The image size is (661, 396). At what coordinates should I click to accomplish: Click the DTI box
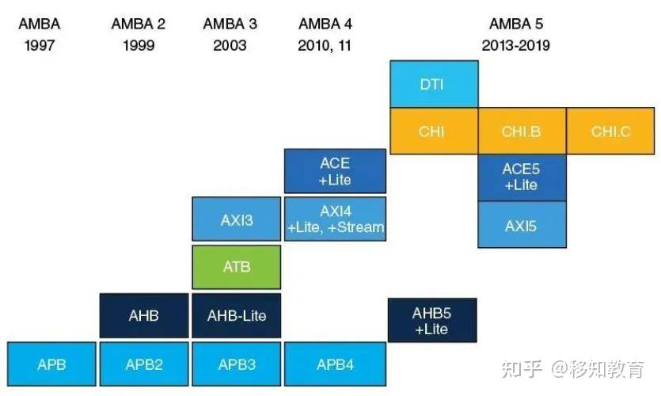pyautogui.click(x=432, y=84)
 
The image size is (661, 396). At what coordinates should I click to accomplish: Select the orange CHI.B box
pyautogui.click(x=522, y=131)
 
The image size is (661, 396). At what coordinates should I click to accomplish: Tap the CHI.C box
pyautogui.click(x=611, y=131)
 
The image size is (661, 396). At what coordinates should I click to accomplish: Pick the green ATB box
pyautogui.click(x=237, y=267)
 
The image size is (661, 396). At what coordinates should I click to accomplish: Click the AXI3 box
pyautogui.click(x=237, y=220)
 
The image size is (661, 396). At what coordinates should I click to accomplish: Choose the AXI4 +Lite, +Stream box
pyautogui.click(x=335, y=220)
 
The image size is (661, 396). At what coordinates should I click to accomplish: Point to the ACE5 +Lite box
pyautogui.click(x=522, y=177)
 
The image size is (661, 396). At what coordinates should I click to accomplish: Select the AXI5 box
pyautogui.click(x=522, y=225)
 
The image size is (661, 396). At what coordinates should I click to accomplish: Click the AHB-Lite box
pyautogui.click(x=237, y=315)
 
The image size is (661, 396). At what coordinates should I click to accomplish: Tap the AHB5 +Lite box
pyautogui.click(x=432, y=320)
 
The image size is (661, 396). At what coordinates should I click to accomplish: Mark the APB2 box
pyautogui.click(x=144, y=364)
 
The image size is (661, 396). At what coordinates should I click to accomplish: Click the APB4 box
pyautogui.click(x=335, y=364)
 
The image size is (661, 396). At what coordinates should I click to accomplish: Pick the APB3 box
pyautogui.click(x=237, y=364)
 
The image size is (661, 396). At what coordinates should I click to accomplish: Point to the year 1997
pyautogui.click(x=40, y=45)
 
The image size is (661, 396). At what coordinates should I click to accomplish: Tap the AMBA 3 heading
pyautogui.click(x=230, y=24)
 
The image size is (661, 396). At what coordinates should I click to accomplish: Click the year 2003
pyautogui.click(x=230, y=45)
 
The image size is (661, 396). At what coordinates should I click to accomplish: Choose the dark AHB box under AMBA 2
pyautogui.click(x=144, y=315)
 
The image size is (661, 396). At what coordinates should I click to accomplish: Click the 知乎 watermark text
pyautogui.click(x=524, y=368)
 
